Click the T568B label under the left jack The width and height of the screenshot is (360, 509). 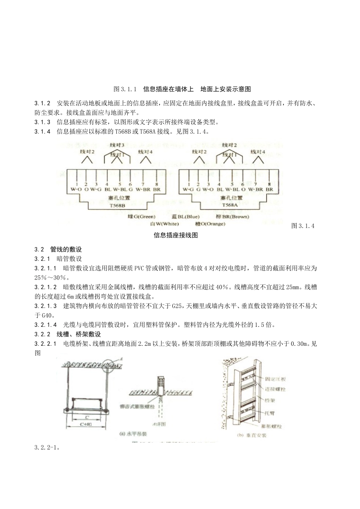pos(116,205)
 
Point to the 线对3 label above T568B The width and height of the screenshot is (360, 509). pos(117,145)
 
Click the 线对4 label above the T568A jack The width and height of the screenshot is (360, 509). pos(257,151)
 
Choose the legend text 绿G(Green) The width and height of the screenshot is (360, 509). pos(142,217)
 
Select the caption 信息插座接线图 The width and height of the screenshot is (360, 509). pos(176,235)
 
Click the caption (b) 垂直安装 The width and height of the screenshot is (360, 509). pos(252,436)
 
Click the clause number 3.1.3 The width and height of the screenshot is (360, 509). pos(42,122)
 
